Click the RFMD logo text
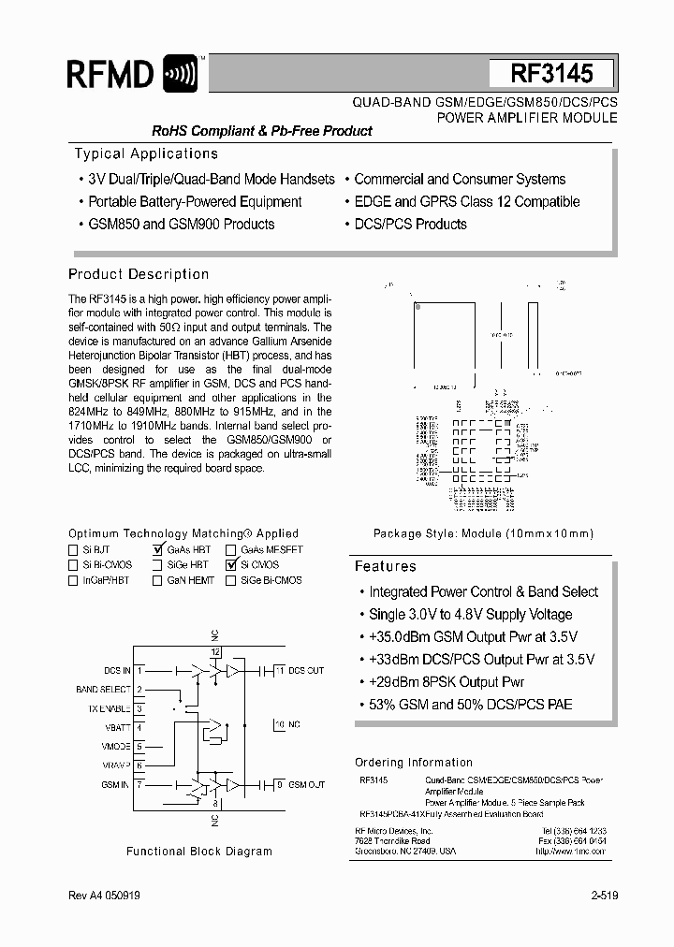(110, 74)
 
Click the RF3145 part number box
(551, 74)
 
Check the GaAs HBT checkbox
(157, 550)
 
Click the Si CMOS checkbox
(230, 565)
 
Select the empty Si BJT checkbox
(73, 550)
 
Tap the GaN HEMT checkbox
(157, 580)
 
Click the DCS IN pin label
(117, 671)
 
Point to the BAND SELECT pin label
(103, 690)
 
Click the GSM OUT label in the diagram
(306, 784)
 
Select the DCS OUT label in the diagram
(305, 671)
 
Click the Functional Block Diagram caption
(199, 852)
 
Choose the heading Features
(385, 567)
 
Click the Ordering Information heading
(414, 763)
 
